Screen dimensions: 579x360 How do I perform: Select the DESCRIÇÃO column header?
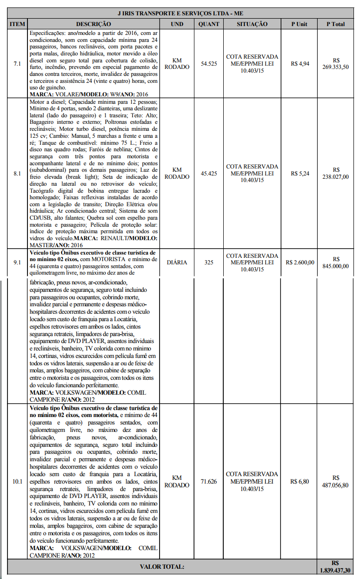[93, 24]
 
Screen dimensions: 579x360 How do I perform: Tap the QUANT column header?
[208, 24]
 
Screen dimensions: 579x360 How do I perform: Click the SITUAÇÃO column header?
[252, 24]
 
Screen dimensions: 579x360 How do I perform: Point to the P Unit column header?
[300, 24]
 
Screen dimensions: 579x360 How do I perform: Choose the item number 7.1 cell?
[17, 63]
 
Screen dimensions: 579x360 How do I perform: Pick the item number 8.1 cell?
[17, 173]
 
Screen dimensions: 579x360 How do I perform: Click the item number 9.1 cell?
[17, 262]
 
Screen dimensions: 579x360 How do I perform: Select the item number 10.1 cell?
[17, 481]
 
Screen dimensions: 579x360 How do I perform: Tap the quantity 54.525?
[209, 63]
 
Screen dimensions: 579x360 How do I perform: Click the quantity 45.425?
[209, 173]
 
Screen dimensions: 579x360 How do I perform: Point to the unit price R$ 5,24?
[300, 173]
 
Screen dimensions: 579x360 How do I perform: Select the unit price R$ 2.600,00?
[300, 262]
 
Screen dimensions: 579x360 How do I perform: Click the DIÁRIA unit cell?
[177, 262]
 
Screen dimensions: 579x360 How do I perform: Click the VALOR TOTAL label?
[162, 566]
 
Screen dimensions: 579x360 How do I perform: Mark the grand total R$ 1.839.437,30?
[335, 566]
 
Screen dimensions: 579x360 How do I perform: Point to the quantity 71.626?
[209, 481]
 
